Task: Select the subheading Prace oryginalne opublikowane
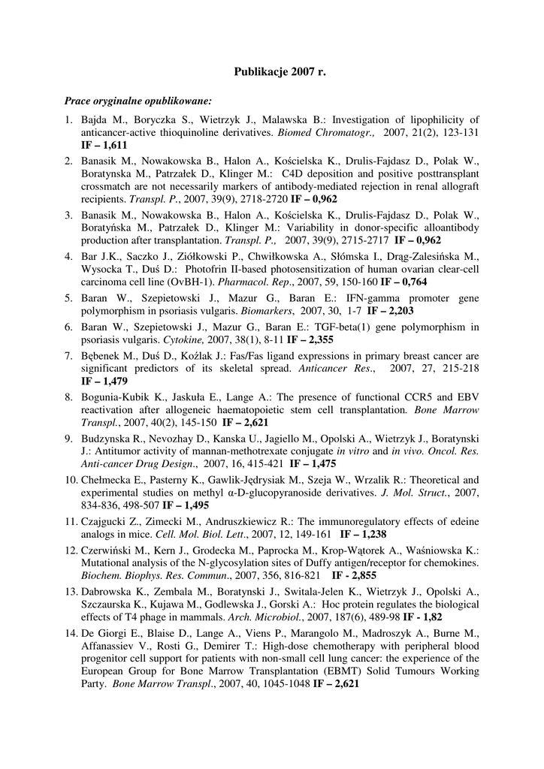coord(138,100)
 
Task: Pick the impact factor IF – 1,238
coord(364,535)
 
